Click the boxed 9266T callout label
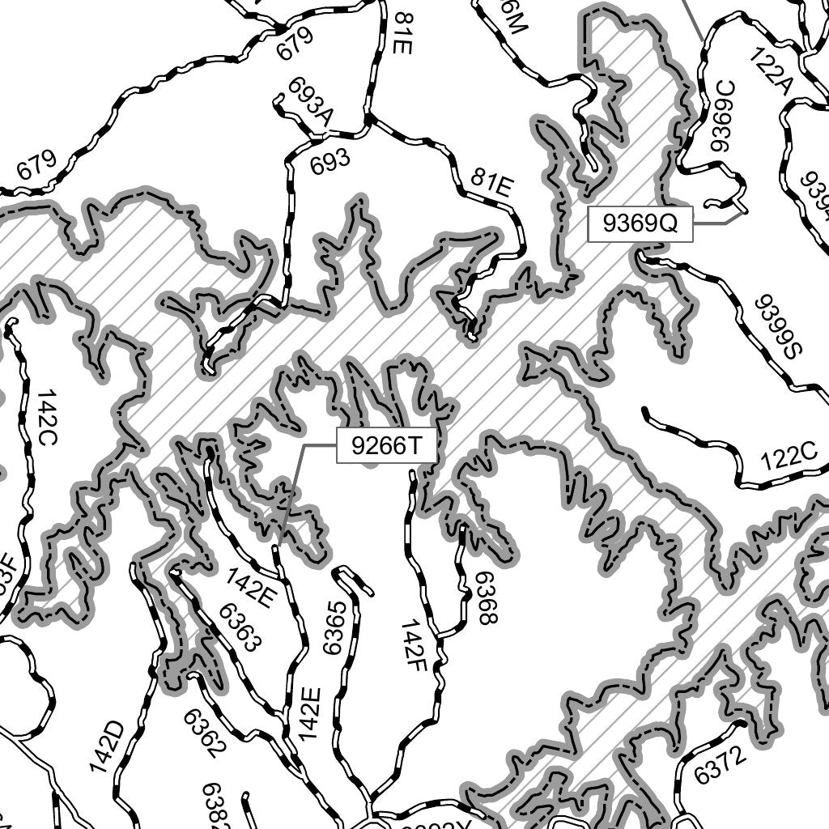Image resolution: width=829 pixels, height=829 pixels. point(387,446)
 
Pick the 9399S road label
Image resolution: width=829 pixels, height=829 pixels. point(776,327)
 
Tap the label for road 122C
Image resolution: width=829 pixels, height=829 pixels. point(789,458)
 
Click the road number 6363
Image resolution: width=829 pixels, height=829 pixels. point(240,627)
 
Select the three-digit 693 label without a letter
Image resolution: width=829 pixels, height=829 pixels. point(330,161)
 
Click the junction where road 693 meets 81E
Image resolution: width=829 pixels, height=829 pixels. point(368,123)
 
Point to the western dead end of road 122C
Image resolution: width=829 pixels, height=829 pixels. point(645,411)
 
